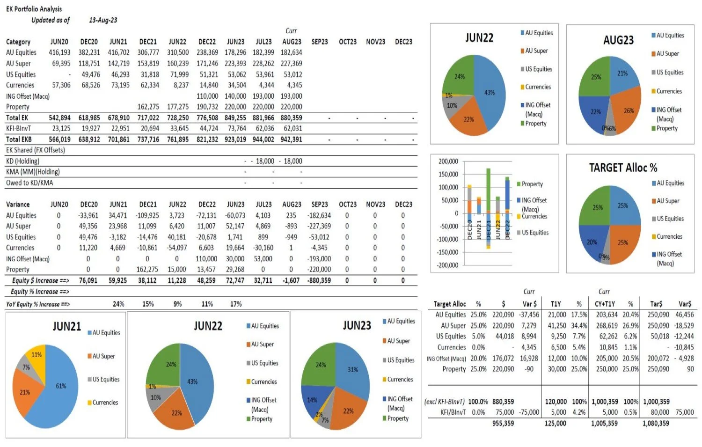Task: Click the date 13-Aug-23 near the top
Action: pyautogui.click(x=103, y=20)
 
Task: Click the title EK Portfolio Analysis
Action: pyautogui.click(x=34, y=9)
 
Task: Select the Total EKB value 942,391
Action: pyautogui.click(x=291, y=139)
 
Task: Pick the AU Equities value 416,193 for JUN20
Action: pyautogui.click(x=59, y=52)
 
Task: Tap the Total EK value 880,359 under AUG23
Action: pyautogui.click(x=291, y=118)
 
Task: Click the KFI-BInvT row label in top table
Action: pyautogui.click(x=19, y=129)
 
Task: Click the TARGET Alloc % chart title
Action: pyautogui.click(x=623, y=168)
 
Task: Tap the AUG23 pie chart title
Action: pyautogui.click(x=618, y=40)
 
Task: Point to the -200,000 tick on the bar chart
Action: pyautogui.click(x=448, y=265)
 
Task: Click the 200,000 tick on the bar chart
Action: pyautogui.click(x=448, y=161)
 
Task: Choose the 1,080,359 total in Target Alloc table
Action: pyautogui.click(x=656, y=424)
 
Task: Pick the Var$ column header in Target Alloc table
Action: pyautogui.click(x=685, y=304)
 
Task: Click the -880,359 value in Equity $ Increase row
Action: pyautogui.click(x=319, y=281)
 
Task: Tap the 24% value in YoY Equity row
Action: pyautogui.click(x=118, y=304)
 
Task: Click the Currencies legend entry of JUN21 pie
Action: pyautogui.click(x=105, y=403)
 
